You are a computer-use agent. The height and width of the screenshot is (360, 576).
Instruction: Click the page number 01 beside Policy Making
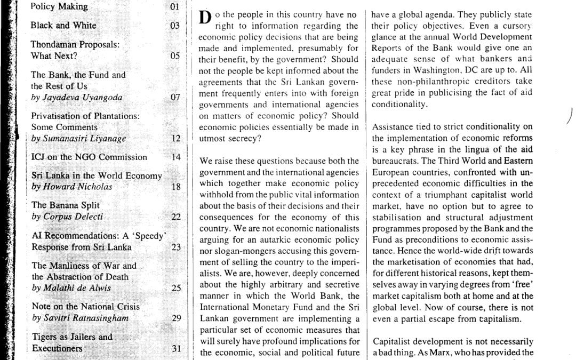coord(174,7)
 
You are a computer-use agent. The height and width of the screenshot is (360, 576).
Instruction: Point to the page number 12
coord(175,139)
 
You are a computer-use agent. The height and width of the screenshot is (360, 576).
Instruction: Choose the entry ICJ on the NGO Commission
coord(89,157)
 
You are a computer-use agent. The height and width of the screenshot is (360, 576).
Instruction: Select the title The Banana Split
coord(66,205)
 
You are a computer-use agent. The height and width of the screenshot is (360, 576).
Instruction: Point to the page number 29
coord(175,318)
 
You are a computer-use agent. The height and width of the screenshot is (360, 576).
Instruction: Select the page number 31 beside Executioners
coord(175,348)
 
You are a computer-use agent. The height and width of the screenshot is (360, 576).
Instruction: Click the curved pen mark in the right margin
coord(570,115)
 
